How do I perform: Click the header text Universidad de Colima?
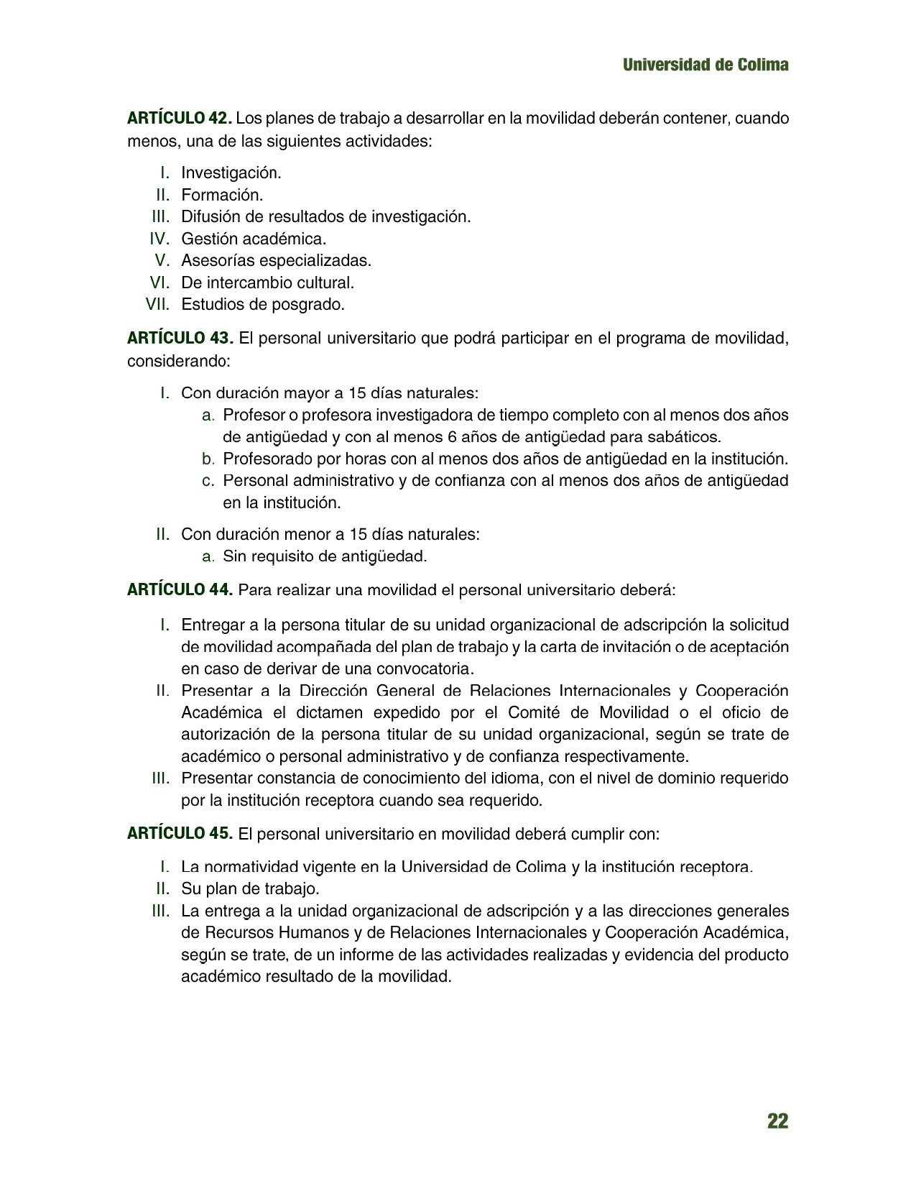tap(705, 65)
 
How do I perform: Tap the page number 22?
tap(777, 1121)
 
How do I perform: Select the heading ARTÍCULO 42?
tap(179, 117)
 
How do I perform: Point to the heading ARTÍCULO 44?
tap(180, 590)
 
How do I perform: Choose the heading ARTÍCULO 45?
tap(180, 834)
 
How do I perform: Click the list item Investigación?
tap(231, 173)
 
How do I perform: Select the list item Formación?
tap(222, 195)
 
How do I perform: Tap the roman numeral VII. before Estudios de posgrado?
tap(157, 304)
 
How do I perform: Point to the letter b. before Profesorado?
tap(208, 459)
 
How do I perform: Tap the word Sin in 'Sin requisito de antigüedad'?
tap(235, 556)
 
